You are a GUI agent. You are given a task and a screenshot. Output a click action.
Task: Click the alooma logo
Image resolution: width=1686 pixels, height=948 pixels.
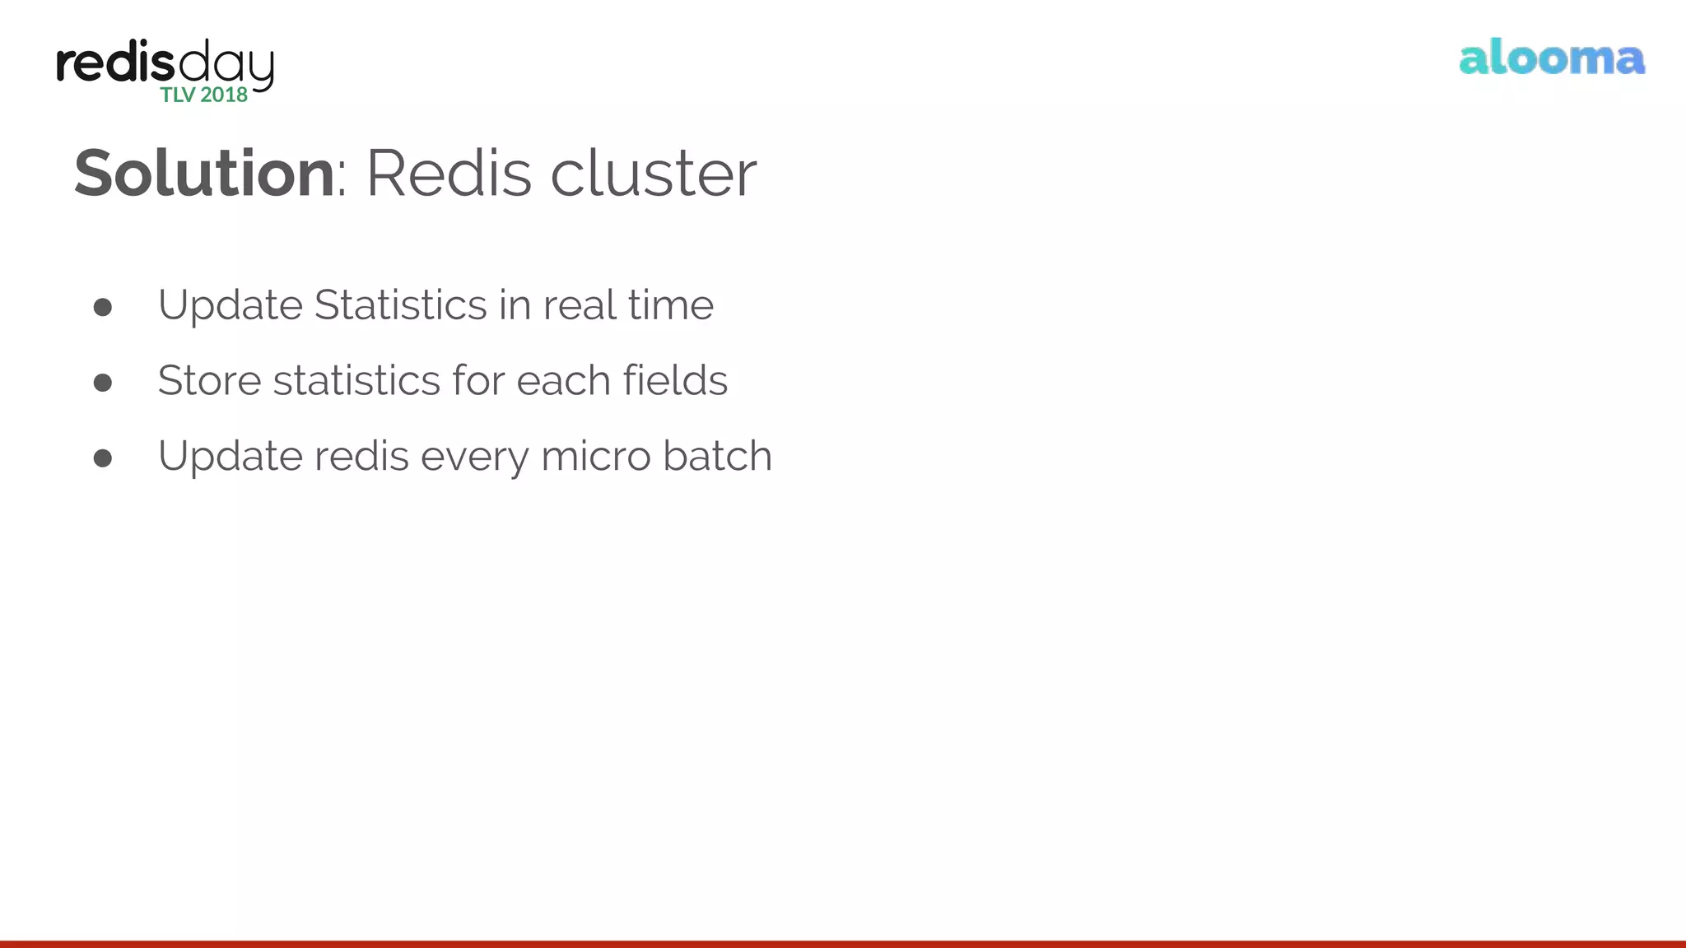click(1552, 58)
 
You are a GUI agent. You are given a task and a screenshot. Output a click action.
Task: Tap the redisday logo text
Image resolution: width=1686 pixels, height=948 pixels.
click(165, 63)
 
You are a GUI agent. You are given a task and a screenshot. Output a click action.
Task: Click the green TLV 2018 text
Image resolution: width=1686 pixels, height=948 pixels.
click(204, 95)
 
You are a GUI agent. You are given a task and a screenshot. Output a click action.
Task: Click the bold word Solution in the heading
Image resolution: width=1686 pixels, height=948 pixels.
click(204, 174)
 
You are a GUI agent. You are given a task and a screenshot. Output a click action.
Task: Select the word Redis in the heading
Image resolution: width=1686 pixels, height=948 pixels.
click(449, 174)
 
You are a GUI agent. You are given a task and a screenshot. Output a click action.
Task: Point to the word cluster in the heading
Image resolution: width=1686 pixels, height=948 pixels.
click(653, 174)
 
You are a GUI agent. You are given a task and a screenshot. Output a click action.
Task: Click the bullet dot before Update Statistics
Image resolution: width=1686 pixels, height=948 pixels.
click(103, 308)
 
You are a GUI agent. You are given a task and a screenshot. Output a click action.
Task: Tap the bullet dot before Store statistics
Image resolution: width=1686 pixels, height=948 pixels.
click(103, 383)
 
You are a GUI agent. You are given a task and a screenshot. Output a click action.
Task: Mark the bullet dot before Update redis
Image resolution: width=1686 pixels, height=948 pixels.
click(103, 458)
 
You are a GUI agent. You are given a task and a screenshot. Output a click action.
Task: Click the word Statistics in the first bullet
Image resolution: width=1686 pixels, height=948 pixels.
click(401, 305)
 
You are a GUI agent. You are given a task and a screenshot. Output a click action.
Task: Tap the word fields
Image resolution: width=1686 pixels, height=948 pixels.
click(675, 381)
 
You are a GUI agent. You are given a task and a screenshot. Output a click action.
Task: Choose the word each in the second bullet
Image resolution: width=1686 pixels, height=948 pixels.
click(563, 381)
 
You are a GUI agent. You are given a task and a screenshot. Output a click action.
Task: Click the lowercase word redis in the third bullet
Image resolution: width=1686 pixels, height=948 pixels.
click(361, 457)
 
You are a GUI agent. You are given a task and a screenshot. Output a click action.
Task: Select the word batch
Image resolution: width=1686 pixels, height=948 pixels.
click(717, 457)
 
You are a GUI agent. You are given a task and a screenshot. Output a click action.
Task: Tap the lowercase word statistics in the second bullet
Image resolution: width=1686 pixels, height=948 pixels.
click(356, 381)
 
